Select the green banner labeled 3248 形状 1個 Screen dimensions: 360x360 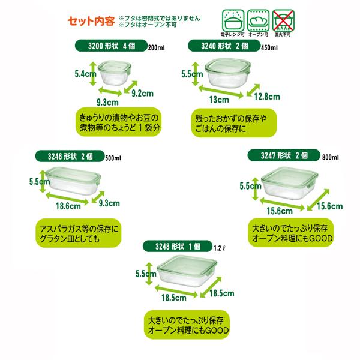click(178, 246)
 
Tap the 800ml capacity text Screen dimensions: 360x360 click(331, 157)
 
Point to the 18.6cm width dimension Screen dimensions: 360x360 click(67, 207)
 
